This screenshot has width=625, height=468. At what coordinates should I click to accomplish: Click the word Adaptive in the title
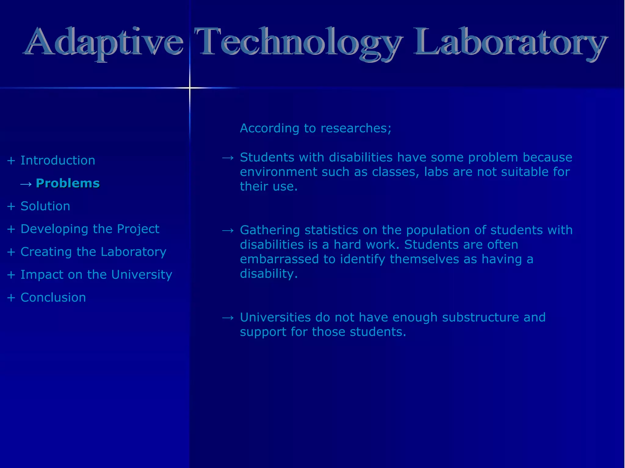104,43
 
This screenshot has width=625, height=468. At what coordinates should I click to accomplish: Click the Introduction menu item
58,161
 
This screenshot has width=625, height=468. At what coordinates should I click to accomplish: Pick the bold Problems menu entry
68,183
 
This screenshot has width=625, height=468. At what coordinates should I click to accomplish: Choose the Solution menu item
45,206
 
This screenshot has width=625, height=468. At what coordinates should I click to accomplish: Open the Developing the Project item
90,229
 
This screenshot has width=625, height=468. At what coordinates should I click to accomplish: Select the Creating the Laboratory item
93,252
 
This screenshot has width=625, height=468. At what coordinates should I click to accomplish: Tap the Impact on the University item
96,275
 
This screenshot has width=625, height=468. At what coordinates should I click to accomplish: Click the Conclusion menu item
53,298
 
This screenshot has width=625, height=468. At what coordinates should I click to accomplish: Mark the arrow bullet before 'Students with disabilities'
228,158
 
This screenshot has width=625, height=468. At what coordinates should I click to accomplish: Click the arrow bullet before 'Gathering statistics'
228,230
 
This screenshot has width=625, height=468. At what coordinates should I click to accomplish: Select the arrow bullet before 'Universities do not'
228,318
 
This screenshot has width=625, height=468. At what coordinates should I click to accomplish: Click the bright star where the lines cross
190,88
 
